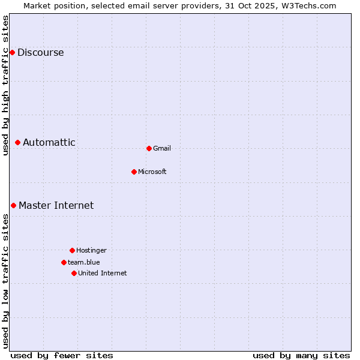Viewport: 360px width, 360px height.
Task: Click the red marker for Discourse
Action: [x=12, y=52]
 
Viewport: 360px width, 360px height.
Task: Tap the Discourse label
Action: [x=40, y=52]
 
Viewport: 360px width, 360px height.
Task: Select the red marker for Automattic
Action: [x=18, y=142]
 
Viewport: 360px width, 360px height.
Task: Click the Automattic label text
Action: [x=49, y=142]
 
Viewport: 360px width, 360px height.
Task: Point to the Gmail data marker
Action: [x=149, y=148]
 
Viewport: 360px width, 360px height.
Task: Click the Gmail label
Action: [x=162, y=148]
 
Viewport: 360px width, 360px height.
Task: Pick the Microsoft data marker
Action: [x=134, y=172]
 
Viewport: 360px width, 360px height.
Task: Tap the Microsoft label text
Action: [x=152, y=172]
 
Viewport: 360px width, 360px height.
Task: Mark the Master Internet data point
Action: [x=13, y=205]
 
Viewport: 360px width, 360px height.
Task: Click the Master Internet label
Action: [x=56, y=205]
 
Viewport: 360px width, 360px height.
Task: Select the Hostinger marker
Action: [x=72, y=250]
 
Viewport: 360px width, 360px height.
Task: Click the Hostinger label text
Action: [x=91, y=250]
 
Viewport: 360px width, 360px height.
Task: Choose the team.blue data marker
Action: [x=64, y=262]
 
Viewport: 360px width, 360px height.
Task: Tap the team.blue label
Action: [x=84, y=262]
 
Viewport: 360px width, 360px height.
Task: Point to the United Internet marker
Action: [x=74, y=273]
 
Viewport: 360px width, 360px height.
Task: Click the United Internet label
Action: [x=103, y=273]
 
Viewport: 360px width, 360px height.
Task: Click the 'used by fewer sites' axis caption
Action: [x=62, y=355]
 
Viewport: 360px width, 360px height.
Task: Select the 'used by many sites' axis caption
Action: [x=301, y=355]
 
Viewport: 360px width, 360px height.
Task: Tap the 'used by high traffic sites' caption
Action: [x=5, y=85]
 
